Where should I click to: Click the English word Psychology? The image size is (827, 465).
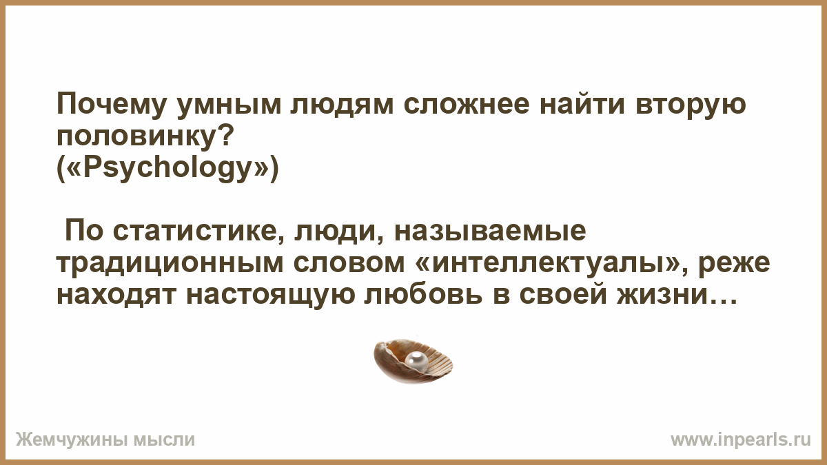168,169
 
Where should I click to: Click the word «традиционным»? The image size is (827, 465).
170,264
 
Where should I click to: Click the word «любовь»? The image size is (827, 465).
423,295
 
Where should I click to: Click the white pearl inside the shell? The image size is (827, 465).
416,360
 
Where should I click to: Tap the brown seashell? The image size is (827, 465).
413,361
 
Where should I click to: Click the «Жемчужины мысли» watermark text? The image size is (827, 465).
105,440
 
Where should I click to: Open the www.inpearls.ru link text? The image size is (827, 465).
741,440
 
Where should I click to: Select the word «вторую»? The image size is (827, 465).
690,106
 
